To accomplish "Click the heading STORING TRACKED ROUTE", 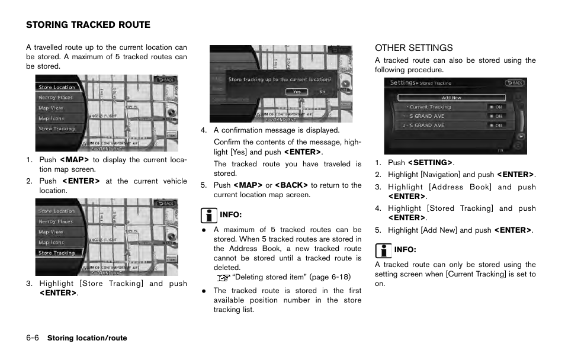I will (x=88, y=25).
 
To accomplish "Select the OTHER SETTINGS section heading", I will (x=413, y=48).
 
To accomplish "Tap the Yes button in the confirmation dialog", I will (x=297, y=92).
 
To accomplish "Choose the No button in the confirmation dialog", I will (x=322, y=92).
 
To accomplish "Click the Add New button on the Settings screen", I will (x=451, y=98).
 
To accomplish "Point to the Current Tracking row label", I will (x=431, y=107).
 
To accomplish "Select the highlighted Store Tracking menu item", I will (x=57, y=253).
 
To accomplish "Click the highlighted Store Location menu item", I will (x=57, y=87).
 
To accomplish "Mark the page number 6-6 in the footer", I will (x=33, y=338).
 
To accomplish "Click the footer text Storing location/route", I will (x=87, y=338).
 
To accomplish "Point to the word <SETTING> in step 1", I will (x=430, y=163).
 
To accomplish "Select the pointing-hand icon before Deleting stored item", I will (x=223, y=277).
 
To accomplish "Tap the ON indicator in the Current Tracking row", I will (x=496, y=107).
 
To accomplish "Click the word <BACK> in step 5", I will (x=291, y=185).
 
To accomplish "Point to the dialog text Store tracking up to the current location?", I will (x=280, y=79).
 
